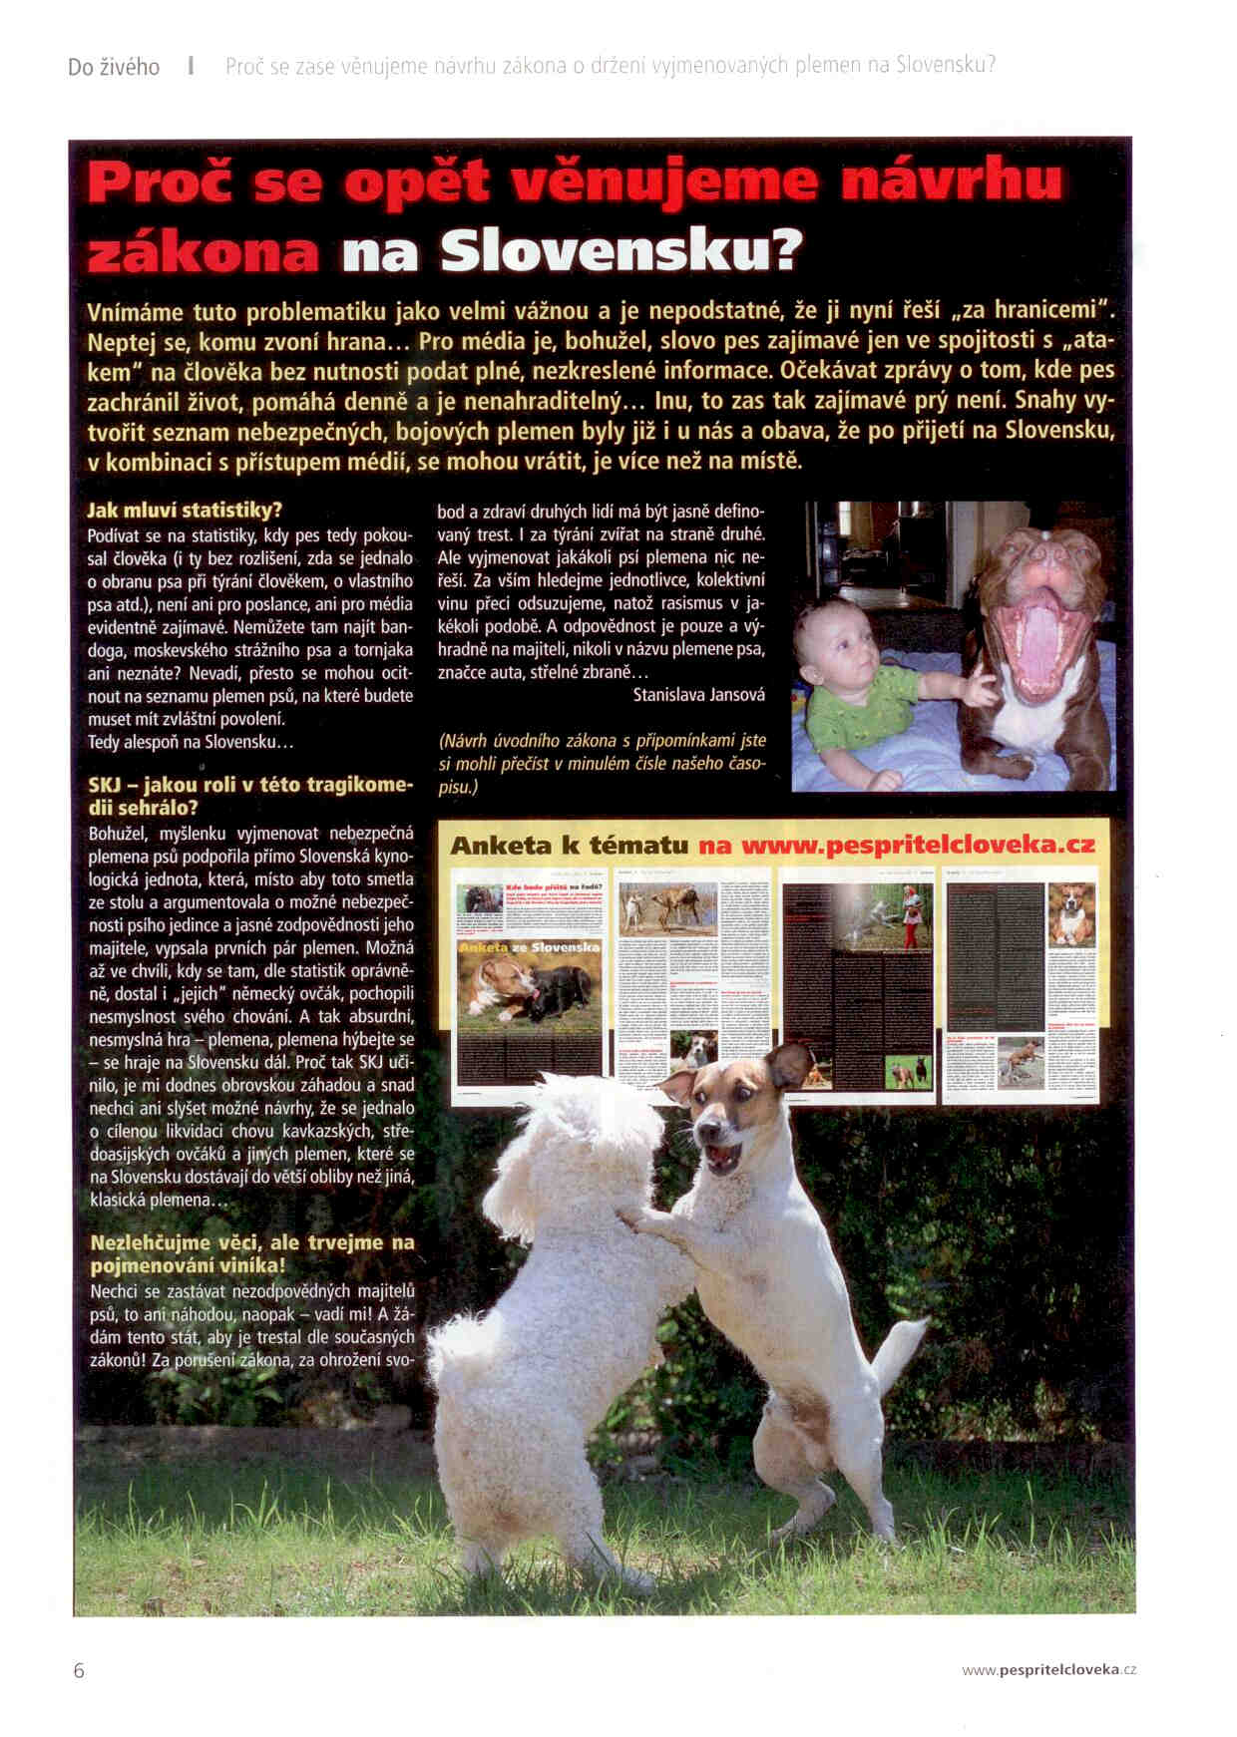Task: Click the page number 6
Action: [79, 1670]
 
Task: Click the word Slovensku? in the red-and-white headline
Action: [621, 252]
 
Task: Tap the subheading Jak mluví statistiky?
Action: [185, 511]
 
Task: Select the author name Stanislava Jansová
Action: [698, 695]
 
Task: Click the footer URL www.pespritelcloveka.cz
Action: [1048, 1670]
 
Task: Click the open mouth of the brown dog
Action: [1039, 638]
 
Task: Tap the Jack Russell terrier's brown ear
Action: [788, 1064]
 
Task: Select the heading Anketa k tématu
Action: [570, 846]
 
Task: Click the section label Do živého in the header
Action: [114, 67]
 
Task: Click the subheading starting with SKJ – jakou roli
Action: [249, 796]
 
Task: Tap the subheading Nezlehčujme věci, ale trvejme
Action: [251, 1253]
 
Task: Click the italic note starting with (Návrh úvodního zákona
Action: [602, 764]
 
